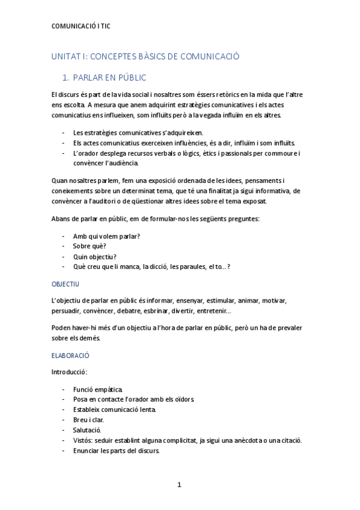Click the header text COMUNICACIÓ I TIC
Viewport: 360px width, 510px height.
pyautogui.click(x=81, y=26)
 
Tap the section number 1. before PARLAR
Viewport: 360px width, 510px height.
pyautogui.click(x=67, y=78)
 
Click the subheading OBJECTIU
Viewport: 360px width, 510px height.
pyautogui.click(x=66, y=283)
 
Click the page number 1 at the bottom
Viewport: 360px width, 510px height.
pyautogui.click(x=179, y=484)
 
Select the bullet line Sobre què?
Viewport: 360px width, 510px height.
pyautogui.click(x=90, y=246)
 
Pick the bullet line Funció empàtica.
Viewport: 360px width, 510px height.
pyautogui.click(x=98, y=390)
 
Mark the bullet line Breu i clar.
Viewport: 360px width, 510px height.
pyautogui.click(x=90, y=420)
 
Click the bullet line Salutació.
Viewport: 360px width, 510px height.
pyautogui.click(x=87, y=430)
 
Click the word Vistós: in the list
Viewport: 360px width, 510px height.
pyautogui.click(x=84, y=440)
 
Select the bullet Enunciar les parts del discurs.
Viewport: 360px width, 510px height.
pyautogui.click(x=116, y=450)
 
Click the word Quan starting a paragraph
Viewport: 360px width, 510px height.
pyautogui.click(x=61, y=180)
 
